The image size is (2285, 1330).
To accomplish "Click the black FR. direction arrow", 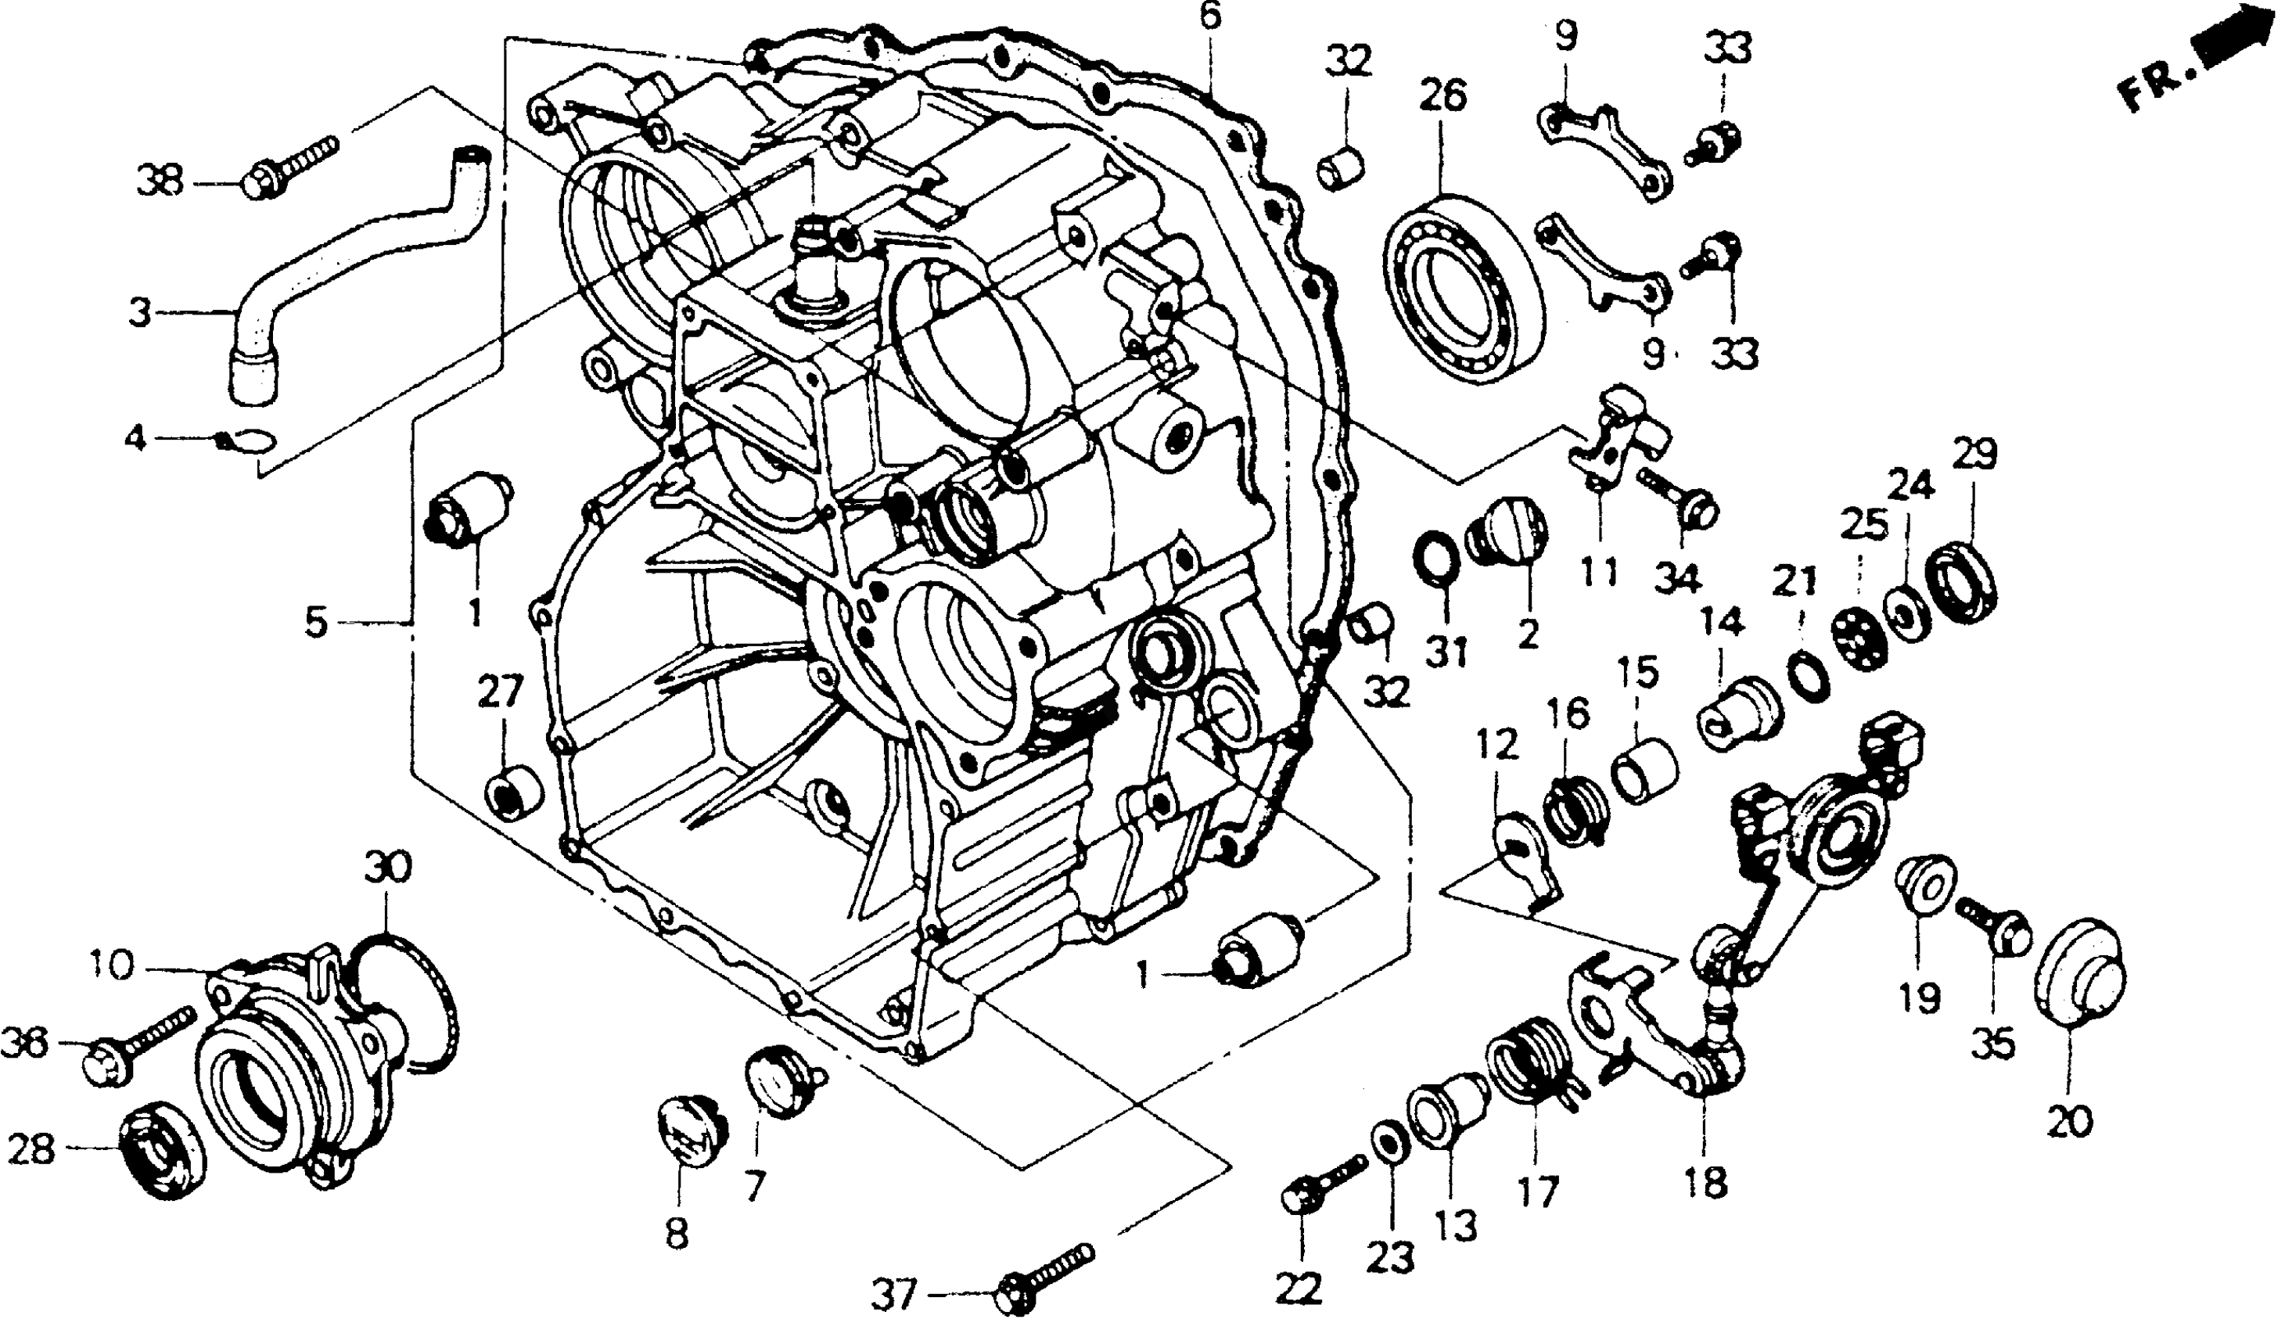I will (x=2236, y=51).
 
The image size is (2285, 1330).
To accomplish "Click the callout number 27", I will (x=501, y=695).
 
